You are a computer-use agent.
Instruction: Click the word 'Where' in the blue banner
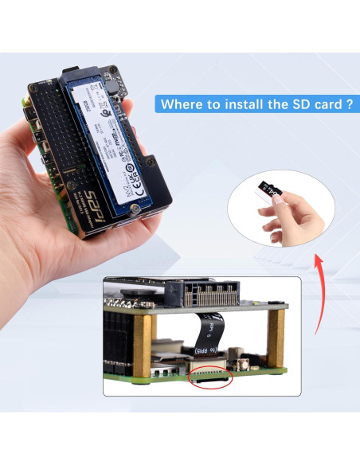(182, 104)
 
